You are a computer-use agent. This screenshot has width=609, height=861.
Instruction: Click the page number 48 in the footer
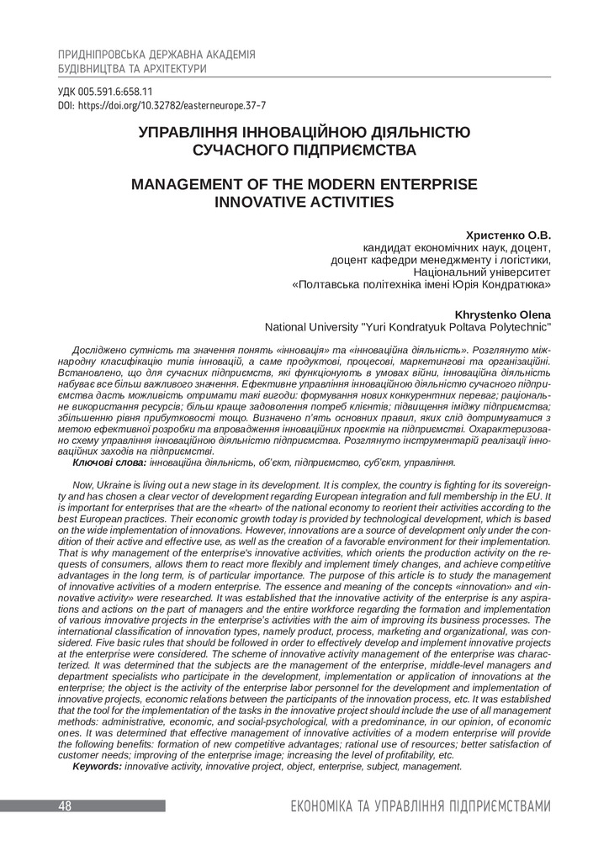[x=65, y=806]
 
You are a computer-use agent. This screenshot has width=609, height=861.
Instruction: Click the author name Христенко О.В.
[x=508, y=235]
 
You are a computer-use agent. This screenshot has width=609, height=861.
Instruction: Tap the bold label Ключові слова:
[x=109, y=462]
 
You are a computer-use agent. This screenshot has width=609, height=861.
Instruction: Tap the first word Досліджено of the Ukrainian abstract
[x=100, y=348]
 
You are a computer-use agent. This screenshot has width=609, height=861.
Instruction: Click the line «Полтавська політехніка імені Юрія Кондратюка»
[x=421, y=285]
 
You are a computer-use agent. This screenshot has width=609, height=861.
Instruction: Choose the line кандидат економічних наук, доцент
[x=457, y=248]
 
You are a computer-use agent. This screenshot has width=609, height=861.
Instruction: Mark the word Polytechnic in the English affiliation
[x=519, y=326]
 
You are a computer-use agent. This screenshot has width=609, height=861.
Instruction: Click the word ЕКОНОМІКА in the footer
[x=321, y=807]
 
